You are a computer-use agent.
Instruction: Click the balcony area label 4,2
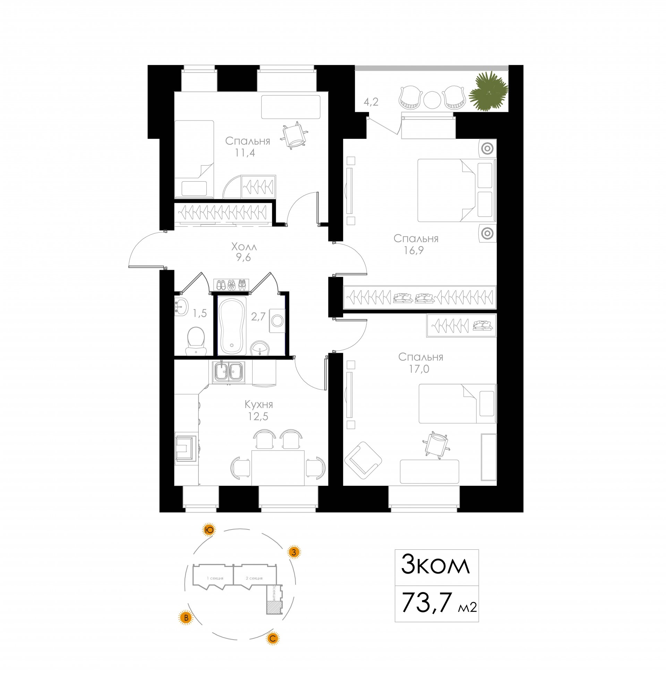(x=371, y=102)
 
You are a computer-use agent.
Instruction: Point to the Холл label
(x=244, y=247)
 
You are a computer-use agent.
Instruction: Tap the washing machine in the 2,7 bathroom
(x=277, y=320)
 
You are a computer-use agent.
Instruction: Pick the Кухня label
(x=258, y=405)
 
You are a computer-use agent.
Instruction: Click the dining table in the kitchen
(x=278, y=467)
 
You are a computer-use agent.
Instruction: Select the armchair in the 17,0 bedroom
(x=363, y=460)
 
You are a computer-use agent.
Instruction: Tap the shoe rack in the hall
(x=231, y=285)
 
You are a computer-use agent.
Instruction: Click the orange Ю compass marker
(x=209, y=530)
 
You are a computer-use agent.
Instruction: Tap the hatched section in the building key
(x=273, y=607)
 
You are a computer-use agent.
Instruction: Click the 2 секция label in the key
(x=254, y=578)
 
